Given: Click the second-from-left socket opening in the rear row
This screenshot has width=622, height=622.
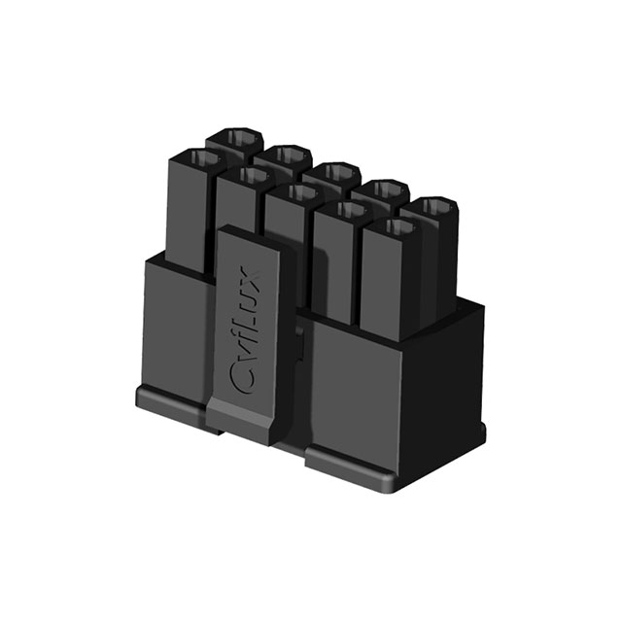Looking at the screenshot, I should click(285, 155).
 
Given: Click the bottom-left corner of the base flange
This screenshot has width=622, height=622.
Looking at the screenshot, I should click(139, 397).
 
